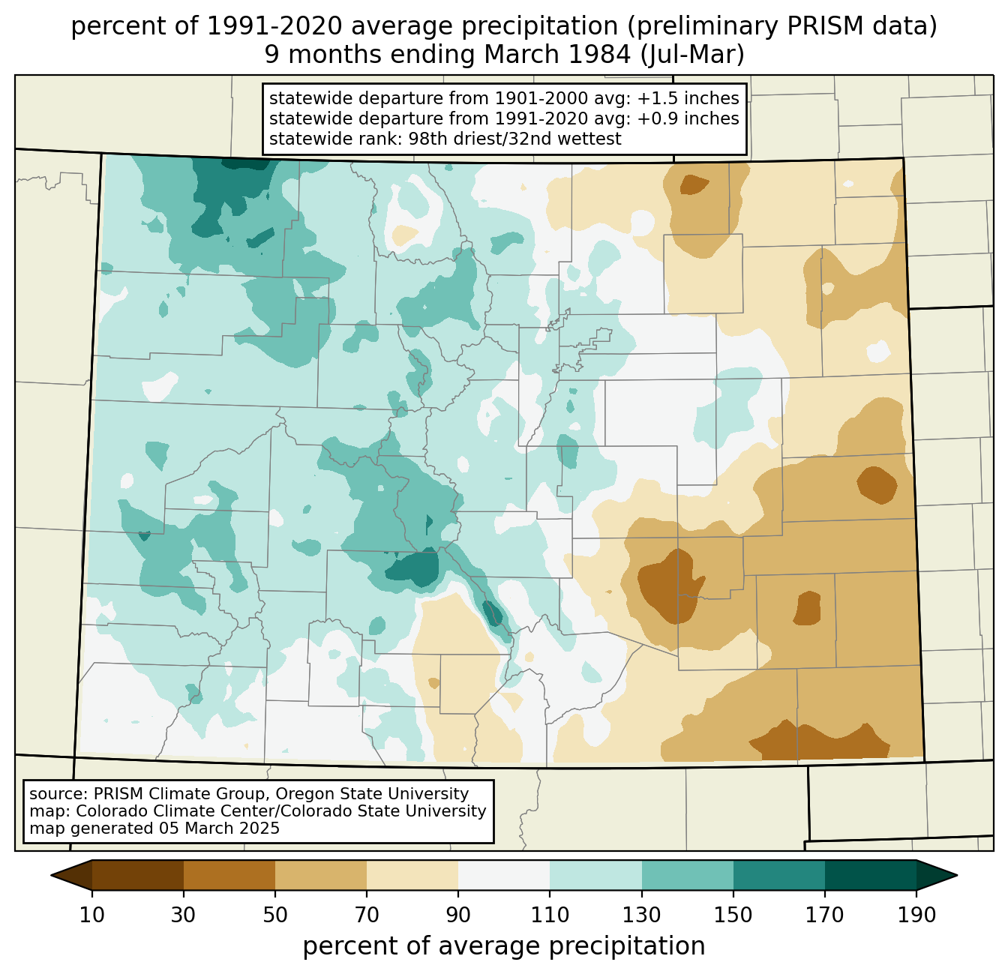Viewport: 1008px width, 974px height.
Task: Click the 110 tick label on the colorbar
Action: pos(550,915)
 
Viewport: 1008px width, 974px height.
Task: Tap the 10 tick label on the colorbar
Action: pos(91,915)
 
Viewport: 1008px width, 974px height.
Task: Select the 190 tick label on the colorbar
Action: pos(916,915)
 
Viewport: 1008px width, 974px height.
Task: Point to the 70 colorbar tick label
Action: pos(367,915)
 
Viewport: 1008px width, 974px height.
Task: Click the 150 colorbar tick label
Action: pos(733,915)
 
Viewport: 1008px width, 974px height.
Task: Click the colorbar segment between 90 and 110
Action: pos(504,875)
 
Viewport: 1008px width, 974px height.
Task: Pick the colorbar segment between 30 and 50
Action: pos(229,875)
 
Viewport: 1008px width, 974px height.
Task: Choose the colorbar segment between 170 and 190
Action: pos(870,875)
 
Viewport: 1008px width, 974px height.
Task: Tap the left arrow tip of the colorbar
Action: pos(51,875)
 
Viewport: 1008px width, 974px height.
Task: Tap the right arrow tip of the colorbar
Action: pos(957,875)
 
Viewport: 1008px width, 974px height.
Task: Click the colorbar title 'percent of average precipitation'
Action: pos(504,946)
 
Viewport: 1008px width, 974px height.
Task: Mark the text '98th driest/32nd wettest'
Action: pos(515,139)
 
